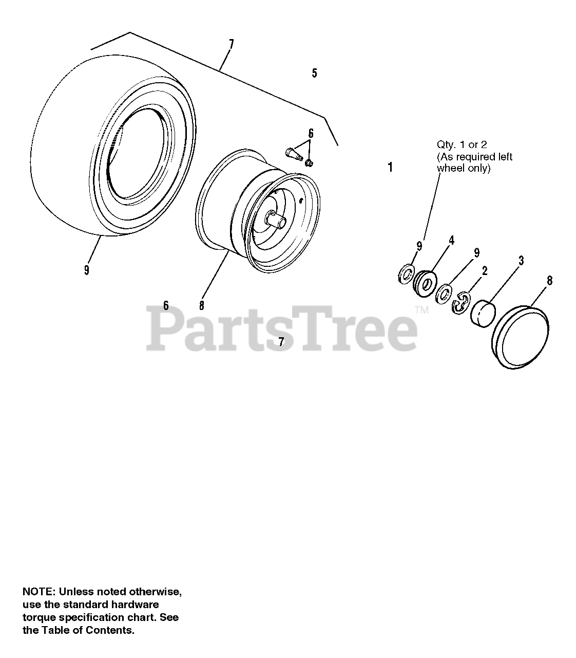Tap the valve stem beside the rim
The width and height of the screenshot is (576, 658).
[x=292, y=152]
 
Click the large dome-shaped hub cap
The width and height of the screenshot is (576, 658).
[x=521, y=337]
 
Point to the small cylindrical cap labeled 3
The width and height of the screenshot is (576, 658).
[x=483, y=312]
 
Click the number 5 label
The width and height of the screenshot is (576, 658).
[x=314, y=73]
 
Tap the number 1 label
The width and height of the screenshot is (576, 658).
[x=390, y=167]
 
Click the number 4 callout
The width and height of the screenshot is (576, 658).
[x=451, y=240]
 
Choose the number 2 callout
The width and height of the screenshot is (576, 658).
[x=485, y=271]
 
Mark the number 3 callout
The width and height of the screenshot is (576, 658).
[x=521, y=261]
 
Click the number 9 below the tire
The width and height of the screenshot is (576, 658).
[x=87, y=269]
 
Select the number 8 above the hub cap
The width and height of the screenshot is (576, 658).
[x=549, y=281]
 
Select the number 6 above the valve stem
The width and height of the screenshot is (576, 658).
[x=311, y=134]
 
